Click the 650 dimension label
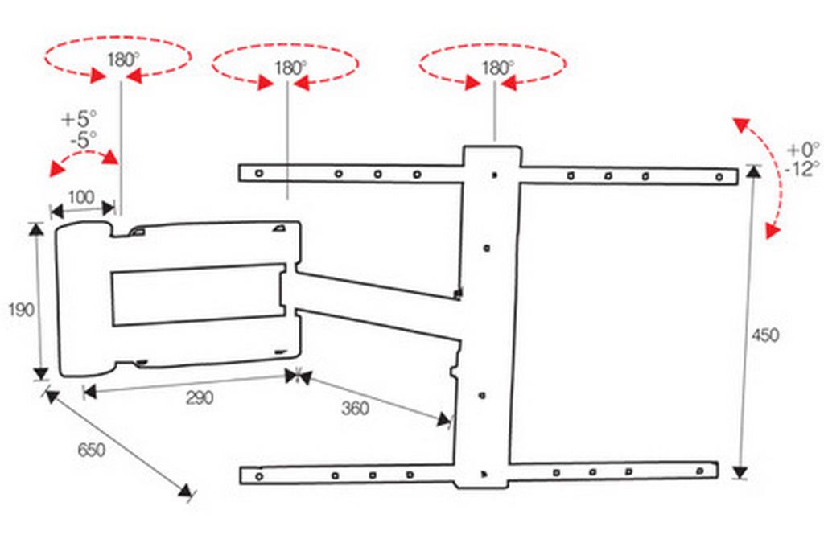coord(92,450)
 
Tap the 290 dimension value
coord(200,397)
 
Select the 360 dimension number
coord(355,408)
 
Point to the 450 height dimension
coord(765,335)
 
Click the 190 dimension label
coord(22,310)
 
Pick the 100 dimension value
coord(81,198)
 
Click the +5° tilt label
coord(80,119)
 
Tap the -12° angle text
coord(801,169)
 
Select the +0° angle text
coord(802,150)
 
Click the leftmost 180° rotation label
coord(123,60)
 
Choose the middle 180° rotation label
coord(290,68)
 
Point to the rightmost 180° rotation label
coord(498,68)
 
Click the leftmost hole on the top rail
coord(258,173)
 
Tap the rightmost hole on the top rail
coord(719,178)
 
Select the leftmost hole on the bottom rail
coord(259,476)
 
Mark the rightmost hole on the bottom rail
coord(700,471)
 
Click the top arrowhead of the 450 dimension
coord(754,171)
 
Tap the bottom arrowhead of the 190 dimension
coord(40,373)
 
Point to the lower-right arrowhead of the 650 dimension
coord(185,491)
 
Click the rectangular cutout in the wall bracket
coord(199,295)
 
